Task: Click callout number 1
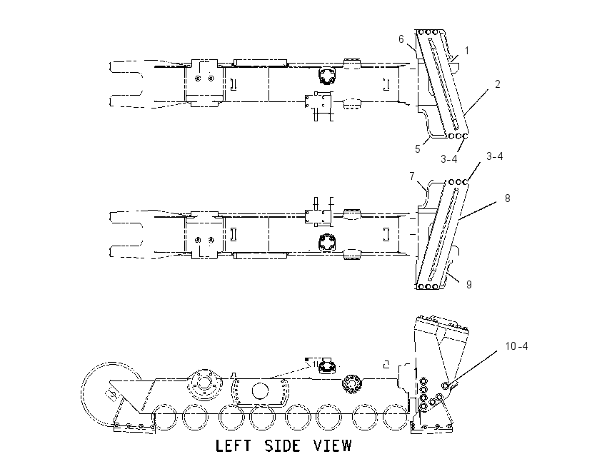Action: (467, 50)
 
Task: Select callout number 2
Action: (498, 84)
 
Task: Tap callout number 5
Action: (417, 149)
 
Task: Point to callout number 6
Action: (401, 39)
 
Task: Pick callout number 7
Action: (412, 176)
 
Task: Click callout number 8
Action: (508, 198)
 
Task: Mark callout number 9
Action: (468, 284)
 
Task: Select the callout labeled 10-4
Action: (516, 346)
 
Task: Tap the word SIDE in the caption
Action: (283, 445)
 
